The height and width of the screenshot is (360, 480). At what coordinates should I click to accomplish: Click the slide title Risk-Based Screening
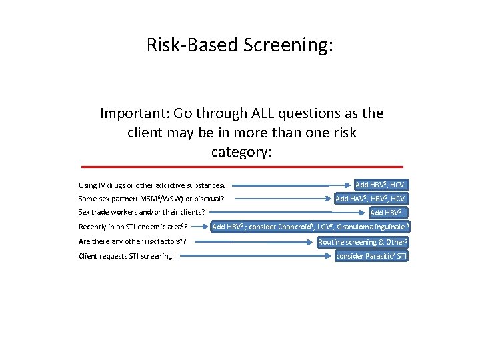click(x=239, y=45)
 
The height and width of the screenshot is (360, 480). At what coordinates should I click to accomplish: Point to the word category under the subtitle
click(x=241, y=152)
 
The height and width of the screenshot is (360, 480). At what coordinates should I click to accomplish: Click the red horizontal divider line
click(x=241, y=166)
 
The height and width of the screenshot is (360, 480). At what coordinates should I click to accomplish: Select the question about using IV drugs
click(x=152, y=185)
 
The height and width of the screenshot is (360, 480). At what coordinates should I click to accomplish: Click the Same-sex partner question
click(x=151, y=199)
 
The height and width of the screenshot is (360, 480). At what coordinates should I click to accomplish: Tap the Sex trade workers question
click(x=141, y=213)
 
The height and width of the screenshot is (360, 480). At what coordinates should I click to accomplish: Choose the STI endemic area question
click(x=133, y=227)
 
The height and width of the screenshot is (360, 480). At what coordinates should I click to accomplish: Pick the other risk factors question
click(x=132, y=241)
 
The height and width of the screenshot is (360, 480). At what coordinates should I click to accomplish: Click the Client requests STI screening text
click(x=125, y=256)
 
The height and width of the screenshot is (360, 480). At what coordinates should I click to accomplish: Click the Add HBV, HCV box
click(x=381, y=185)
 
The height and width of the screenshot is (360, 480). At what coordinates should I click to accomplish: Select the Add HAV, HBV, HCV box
click(x=371, y=199)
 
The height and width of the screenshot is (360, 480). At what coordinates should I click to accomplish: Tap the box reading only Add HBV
click(x=388, y=213)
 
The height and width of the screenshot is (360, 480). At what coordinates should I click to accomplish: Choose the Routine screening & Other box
click(x=363, y=242)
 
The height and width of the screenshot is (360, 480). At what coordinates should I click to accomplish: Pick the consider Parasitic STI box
click(x=371, y=256)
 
